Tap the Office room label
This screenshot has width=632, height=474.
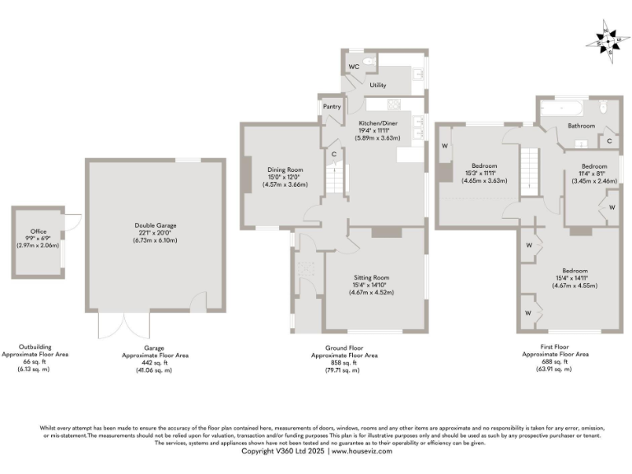click(x=39, y=232)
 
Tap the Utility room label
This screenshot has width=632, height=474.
click(x=378, y=85)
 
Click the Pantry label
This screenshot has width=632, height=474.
click(x=332, y=106)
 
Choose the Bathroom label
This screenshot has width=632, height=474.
click(x=581, y=125)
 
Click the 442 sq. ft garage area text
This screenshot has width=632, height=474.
click(x=156, y=363)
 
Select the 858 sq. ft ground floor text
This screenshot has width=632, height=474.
click(x=344, y=363)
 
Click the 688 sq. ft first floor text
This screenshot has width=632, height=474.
click(x=555, y=361)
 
